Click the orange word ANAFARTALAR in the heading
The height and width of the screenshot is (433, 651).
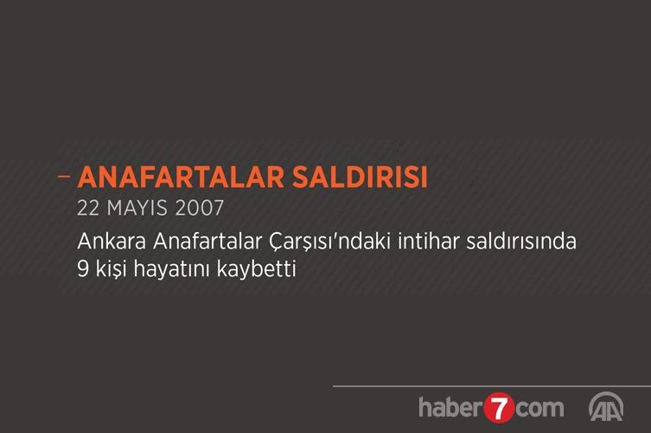(181, 178)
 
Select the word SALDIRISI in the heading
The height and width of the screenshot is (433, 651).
(360, 178)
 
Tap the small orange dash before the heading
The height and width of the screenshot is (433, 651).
(64, 177)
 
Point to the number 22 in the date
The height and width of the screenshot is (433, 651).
(88, 208)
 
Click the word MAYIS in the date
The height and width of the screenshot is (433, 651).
(137, 208)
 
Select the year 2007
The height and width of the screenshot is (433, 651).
(200, 208)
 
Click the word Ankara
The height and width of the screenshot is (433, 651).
(112, 242)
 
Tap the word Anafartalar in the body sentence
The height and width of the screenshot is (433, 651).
(207, 242)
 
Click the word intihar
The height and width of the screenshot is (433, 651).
(429, 242)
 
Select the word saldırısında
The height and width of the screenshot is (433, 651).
(521, 242)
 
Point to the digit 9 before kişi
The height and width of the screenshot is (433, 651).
(83, 269)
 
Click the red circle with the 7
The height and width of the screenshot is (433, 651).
(499, 408)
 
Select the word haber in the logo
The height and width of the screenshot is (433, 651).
(451, 407)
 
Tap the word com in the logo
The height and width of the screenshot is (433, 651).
(539, 409)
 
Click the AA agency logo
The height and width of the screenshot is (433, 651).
(606, 406)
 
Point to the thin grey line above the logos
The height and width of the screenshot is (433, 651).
(492, 386)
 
